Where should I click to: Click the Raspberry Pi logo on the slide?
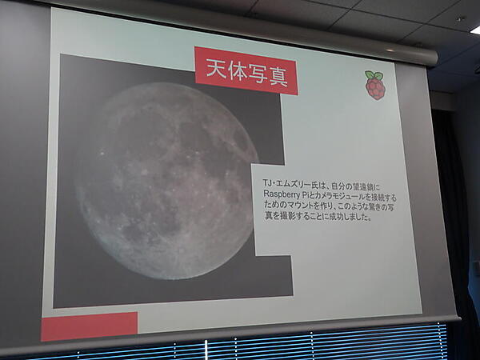click(374, 85)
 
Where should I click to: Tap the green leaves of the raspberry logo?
click(374, 75)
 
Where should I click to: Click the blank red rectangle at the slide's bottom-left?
click(89, 326)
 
